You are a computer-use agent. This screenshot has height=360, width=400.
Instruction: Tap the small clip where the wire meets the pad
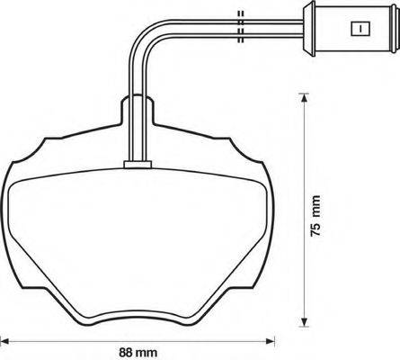click(135, 164)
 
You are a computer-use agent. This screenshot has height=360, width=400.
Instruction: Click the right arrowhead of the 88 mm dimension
click(274, 342)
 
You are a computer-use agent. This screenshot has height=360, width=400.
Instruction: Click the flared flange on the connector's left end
click(307, 29)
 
